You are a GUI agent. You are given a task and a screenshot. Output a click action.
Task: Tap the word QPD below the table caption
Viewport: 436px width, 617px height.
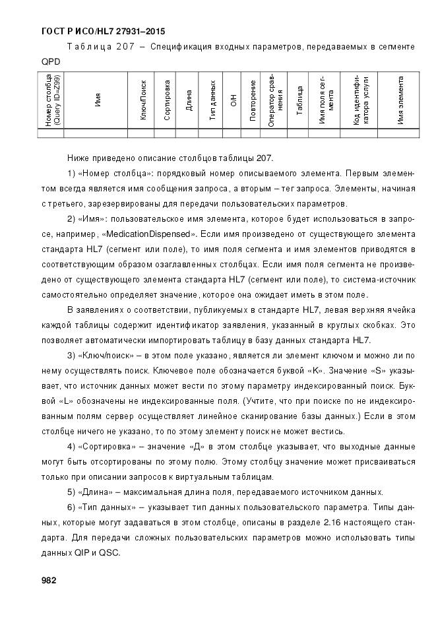[x=50, y=61]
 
